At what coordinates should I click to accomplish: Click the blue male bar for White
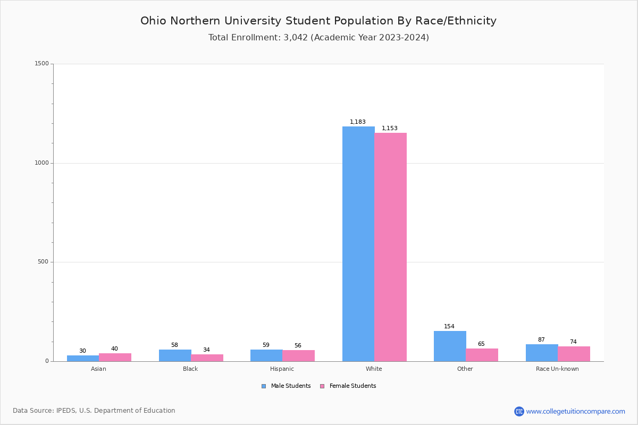click(x=358, y=244)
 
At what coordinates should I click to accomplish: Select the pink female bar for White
click(x=390, y=247)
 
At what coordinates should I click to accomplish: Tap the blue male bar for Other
click(x=450, y=346)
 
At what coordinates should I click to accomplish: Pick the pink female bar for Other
click(x=482, y=355)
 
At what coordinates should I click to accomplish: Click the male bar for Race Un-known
click(x=542, y=353)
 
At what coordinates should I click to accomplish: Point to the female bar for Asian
click(x=115, y=357)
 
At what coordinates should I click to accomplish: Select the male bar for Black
click(x=175, y=355)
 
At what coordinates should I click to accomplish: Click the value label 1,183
click(x=358, y=122)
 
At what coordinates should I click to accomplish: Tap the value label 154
click(x=449, y=327)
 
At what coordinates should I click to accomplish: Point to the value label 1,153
click(x=390, y=129)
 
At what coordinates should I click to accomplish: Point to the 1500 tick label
click(x=41, y=64)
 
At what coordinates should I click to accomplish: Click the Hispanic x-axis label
click(x=282, y=369)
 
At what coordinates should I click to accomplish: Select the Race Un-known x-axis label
click(x=557, y=369)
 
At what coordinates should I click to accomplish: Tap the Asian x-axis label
click(x=98, y=369)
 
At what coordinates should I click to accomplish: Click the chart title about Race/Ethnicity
click(x=318, y=21)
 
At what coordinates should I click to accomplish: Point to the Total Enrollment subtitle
click(x=318, y=38)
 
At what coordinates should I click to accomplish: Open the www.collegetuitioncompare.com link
click(x=575, y=411)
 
